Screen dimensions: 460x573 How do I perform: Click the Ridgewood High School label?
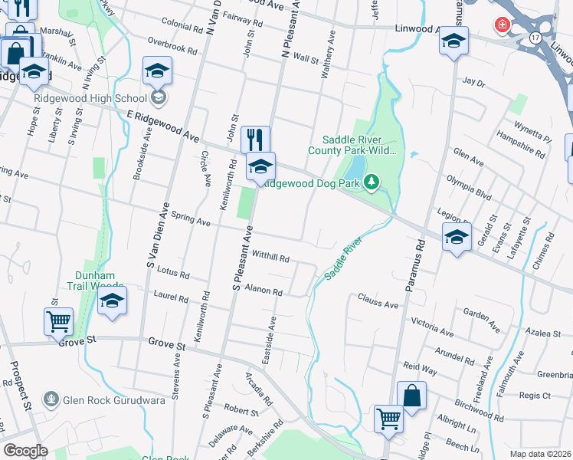90,97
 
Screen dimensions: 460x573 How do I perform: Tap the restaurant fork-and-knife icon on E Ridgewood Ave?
256,140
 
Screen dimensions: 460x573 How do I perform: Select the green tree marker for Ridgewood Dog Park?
372,182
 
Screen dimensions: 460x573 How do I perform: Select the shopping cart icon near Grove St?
59,323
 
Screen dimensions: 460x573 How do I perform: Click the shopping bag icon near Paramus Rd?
411,396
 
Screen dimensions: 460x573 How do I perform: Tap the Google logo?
25,451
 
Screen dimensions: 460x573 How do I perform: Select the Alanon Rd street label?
264,291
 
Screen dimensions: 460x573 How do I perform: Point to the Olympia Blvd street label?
469,188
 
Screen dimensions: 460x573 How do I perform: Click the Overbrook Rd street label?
172,47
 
